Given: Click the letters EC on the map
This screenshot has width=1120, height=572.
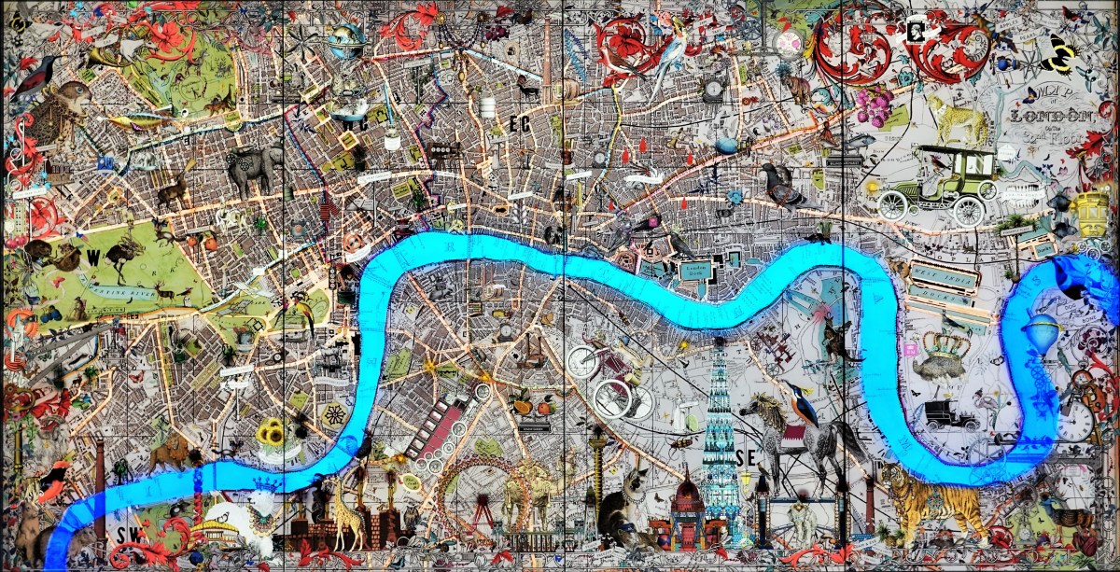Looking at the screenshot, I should pos(520,122).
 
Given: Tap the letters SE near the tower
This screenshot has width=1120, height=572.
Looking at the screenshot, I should pos(745,457).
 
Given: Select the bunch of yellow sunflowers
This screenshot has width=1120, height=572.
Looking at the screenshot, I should pos(271,432).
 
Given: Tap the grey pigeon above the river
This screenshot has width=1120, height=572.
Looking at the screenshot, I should pos(782,184).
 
